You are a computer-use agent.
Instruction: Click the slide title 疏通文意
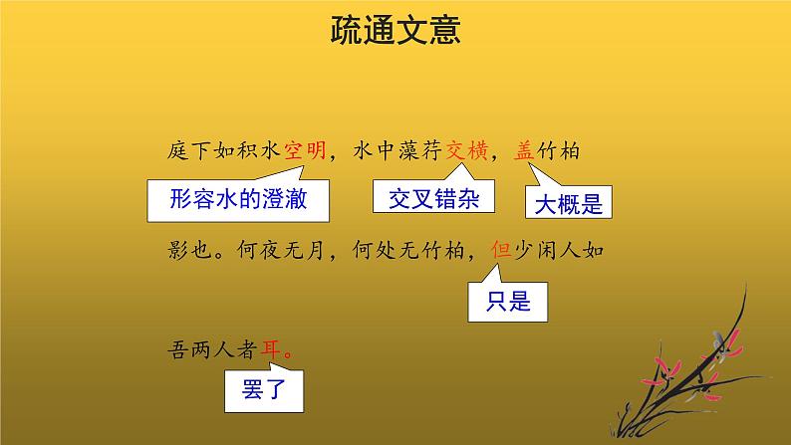[395, 33]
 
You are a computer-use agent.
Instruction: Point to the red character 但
[502, 252]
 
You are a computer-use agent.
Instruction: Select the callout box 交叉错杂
[433, 198]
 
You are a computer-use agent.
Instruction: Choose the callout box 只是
[509, 300]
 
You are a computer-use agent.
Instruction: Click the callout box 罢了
[264, 390]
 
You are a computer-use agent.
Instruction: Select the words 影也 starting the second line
[189, 252]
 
